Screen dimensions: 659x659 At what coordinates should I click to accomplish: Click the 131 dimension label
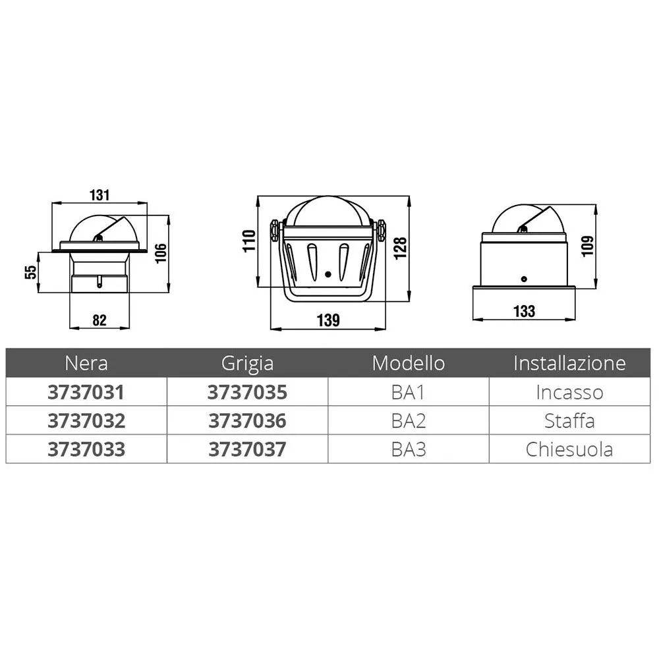click(100, 195)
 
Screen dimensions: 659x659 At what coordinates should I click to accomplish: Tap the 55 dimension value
click(31, 272)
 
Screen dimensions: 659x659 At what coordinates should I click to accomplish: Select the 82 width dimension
click(100, 320)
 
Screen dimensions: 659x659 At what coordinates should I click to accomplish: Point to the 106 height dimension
click(161, 253)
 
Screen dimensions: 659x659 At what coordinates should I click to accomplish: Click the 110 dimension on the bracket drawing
click(249, 241)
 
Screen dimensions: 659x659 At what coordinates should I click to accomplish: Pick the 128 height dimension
click(401, 248)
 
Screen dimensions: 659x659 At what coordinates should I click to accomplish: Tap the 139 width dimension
click(328, 320)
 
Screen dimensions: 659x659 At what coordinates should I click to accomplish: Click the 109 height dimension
click(588, 246)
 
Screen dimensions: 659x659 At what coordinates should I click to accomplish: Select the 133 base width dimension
click(524, 312)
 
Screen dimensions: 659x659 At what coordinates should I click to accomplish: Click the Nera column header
click(86, 363)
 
